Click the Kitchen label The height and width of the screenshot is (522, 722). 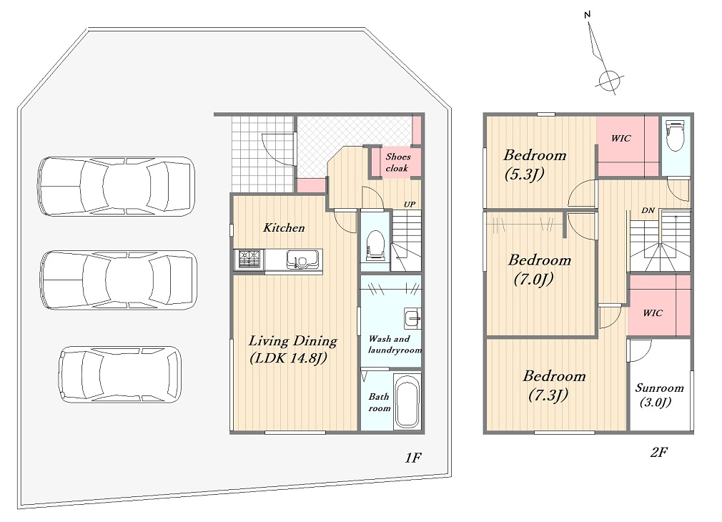click(284, 227)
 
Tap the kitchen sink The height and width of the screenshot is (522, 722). click(303, 260)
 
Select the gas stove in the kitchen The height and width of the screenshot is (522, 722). click(249, 260)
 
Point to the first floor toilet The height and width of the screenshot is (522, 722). click(375, 244)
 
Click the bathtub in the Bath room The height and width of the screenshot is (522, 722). click(407, 401)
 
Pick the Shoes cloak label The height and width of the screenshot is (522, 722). click(397, 162)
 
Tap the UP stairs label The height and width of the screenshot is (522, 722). click(410, 204)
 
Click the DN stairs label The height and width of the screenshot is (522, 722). click(648, 210)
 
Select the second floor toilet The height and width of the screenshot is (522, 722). click(676, 135)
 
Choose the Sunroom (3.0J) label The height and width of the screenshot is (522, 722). click(659, 395)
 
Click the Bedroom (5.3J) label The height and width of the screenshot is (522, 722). click(534, 164)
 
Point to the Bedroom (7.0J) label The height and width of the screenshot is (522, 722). click(539, 269)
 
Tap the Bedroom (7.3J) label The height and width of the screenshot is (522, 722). click(554, 385)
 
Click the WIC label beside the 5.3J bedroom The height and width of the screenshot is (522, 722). click(620, 138)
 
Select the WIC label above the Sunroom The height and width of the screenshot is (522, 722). click(653, 313)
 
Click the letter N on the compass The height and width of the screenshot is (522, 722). click(587, 15)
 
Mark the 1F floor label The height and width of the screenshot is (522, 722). click(413, 458)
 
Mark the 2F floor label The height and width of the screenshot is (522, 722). click(659, 452)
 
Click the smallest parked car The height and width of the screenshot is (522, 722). click(119, 375)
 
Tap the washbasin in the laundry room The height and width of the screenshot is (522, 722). click(412, 318)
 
